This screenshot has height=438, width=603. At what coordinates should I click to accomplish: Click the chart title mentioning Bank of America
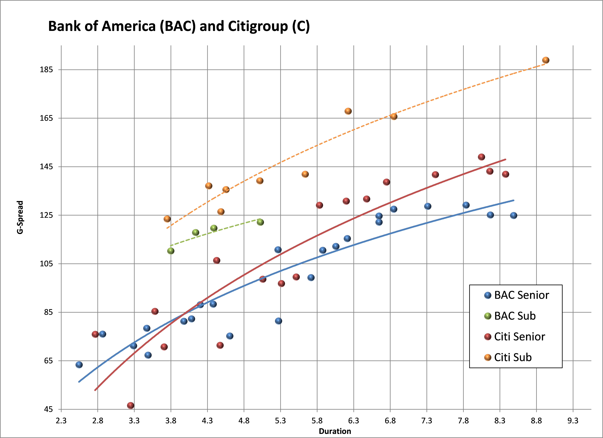tap(179, 26)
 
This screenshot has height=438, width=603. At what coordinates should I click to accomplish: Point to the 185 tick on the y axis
tap(46, 70)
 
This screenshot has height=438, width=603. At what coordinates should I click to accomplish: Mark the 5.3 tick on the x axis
tap(280, 421)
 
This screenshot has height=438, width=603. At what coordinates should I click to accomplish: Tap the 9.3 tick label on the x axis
tap(573, 421)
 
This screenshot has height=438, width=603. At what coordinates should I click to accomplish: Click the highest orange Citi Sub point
tap(546, 60)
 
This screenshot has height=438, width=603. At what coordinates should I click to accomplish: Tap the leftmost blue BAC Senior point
tap(79, 365)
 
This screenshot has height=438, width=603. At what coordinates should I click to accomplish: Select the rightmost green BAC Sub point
tap(260, 222)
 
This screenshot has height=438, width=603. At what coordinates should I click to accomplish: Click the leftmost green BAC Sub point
tap(171, 251)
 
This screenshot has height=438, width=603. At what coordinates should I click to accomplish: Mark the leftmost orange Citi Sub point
tap(167, 219)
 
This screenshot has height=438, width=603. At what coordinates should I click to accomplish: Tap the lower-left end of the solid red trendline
tap(95, 390)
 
